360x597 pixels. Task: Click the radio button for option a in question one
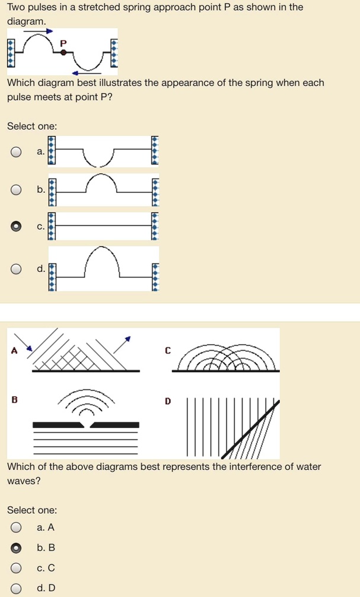coord(17,152)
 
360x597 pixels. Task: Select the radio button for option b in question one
coord(17,190)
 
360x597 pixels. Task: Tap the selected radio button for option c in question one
coord(17,226)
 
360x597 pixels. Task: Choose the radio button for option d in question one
coord(17,269)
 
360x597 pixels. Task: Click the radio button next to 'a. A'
coord(17,527)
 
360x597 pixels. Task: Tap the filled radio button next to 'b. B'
coord(17,548)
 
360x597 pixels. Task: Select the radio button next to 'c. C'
coord(17,568)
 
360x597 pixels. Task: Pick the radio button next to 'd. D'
coord(17,588)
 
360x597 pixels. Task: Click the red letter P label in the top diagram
coord(64,43)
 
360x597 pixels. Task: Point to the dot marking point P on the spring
coord(63,52)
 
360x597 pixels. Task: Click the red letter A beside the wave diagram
coord(14,350)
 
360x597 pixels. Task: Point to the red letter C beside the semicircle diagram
coord(168,350)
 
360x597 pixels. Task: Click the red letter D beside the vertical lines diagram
coord(168,401)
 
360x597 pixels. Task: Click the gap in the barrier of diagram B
coord(87,425)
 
